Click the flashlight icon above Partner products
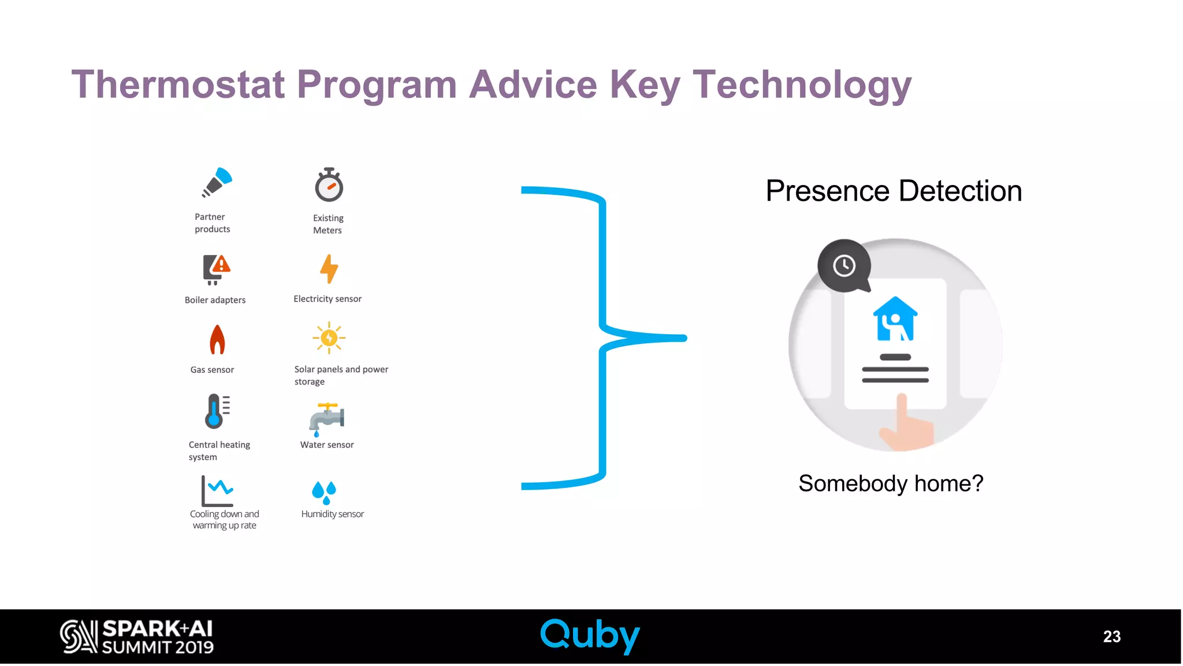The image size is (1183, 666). coord(217,182)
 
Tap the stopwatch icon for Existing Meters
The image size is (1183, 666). coord(329,185)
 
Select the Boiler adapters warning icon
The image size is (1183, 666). coord(216,269)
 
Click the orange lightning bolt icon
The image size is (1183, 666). coord(329,269)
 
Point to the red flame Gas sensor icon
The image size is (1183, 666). coord(217,339)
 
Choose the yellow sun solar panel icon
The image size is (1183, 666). coord(329,338)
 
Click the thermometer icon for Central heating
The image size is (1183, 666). coord(217,411)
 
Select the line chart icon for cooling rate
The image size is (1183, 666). coord(217,490)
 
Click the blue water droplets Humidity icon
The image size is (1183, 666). coord(324,492)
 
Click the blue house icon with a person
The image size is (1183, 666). coord(895,319)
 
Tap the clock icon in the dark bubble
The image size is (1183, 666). coord(844,266)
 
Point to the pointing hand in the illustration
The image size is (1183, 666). coord(904,425)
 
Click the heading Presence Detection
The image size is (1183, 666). coord(894,191)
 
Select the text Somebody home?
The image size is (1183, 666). coord(891,483)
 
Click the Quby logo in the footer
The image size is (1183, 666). coord(590,635)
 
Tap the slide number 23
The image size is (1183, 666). coord(1111,637)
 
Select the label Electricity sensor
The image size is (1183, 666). coord(328,299)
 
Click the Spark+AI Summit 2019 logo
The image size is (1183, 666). coord(137,637)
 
